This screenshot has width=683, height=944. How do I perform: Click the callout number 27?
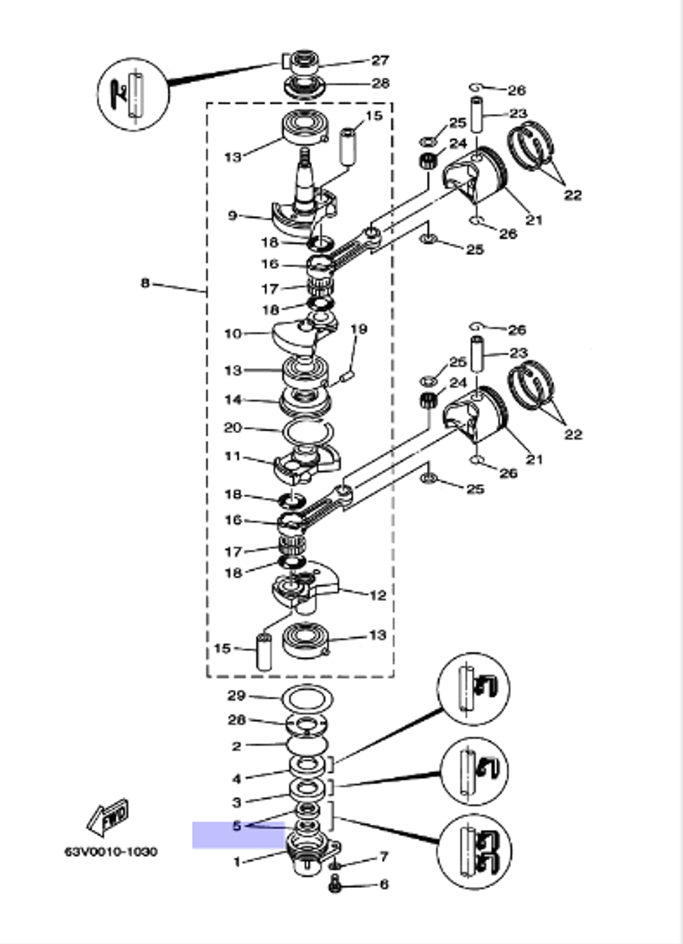[x=380, y=61]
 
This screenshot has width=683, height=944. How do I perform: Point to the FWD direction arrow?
[x=107, y=817]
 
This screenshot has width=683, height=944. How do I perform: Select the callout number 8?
[x=145, y=283]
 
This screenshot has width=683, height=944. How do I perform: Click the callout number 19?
[x=359, y=329]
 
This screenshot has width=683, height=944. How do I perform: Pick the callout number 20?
[x=234, y=428]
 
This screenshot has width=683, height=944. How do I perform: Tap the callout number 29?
[x=236, y=696]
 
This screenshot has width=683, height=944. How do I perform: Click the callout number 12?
[x=378, y=596]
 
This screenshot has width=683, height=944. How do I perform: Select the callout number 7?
[x=384, y=857]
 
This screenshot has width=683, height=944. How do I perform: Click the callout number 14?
[x=233, y=400]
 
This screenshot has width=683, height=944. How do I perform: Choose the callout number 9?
[x=233, y=216]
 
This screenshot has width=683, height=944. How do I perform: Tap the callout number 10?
[x=233, y=334]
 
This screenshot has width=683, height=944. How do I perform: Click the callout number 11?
[x=233, y=456]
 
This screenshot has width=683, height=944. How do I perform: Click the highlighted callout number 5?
[x=237, y=826]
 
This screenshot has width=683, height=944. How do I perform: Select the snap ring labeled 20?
[x=308, y=432]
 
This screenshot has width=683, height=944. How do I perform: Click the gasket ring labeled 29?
[x=307, y=699]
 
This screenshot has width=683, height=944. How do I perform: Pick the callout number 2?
[x=237, y=747]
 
